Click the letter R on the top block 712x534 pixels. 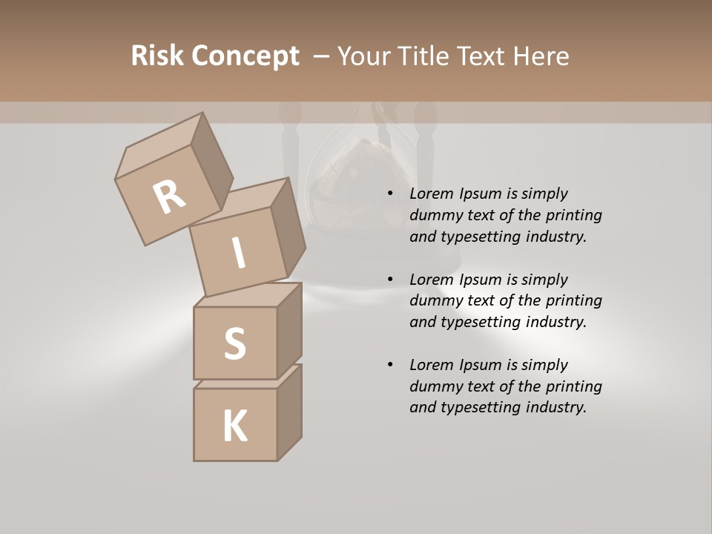click(x=169, y=197)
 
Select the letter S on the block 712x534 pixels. click(x=234, y=343)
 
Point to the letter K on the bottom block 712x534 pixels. click(x=234, y=426)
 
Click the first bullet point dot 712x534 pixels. click(x=390, y=194)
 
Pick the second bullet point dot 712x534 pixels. click(x=390, y=280)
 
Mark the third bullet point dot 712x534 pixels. click(x=390, y=366)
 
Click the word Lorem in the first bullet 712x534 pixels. click(x=429, y=194)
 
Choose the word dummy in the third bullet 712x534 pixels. click(x=432, y=386)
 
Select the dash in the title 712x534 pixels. click(x=322, y=56)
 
